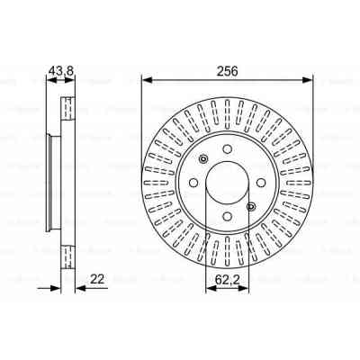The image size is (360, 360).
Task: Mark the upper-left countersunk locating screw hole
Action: pyautogui.click(x=204, y=161)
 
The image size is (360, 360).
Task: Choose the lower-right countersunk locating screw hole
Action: pyautogui.click(x=251, y=208)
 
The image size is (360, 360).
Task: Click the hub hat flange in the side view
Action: pyautogui.click(x=49, y=184)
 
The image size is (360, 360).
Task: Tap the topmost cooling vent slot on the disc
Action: pyautogui.click(x=228, y=112)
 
